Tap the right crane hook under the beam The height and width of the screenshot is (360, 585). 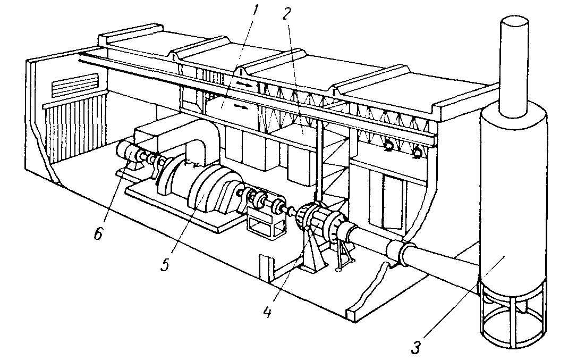click(x=417, y=154)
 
